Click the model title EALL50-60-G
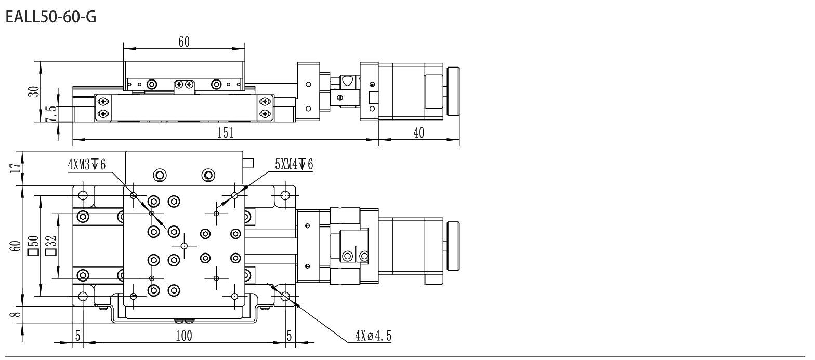click(51, 17)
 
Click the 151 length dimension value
click(225, 133)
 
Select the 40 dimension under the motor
click(419, 133)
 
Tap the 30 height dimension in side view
click(33, 91)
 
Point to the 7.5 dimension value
click(51, 114)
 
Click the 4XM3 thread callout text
click(87, 165)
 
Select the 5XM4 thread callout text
click(294, 165)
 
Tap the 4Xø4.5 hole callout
click(373, 336)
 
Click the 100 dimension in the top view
click(184, 336)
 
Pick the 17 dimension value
click(15, 168)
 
